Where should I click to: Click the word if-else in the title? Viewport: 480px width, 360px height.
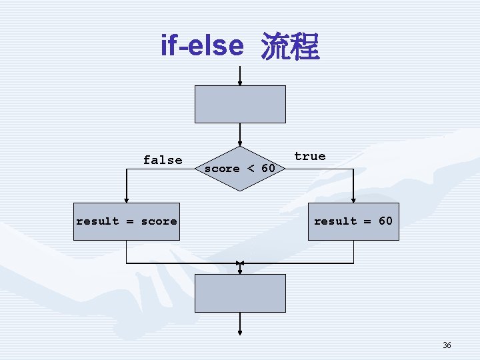point(201,45)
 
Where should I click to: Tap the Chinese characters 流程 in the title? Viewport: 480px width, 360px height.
point(290,47)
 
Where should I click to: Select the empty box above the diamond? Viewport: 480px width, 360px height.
point(240,104)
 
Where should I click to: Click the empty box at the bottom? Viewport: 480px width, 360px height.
point(240,293)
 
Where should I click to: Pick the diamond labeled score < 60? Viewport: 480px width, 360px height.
point(240,169)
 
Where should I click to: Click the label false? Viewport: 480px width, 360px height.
point(163,160)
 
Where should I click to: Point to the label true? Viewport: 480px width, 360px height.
point(310,156)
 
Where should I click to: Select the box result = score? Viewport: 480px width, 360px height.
point(127,221)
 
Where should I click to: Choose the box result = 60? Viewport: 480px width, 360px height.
point(353,221)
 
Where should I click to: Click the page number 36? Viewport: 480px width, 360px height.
point(447,345)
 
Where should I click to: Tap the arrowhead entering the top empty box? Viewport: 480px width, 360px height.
point(240,82)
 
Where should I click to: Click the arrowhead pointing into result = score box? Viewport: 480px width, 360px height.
point(127,199)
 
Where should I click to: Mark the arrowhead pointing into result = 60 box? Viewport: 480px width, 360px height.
point(353,199)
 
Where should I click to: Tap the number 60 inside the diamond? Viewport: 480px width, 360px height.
point(268,169)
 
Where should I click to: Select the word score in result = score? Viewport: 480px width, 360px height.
point(159,221)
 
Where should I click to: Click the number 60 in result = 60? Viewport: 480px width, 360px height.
point(385,221)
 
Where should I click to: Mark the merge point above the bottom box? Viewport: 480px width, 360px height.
point(240,263)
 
